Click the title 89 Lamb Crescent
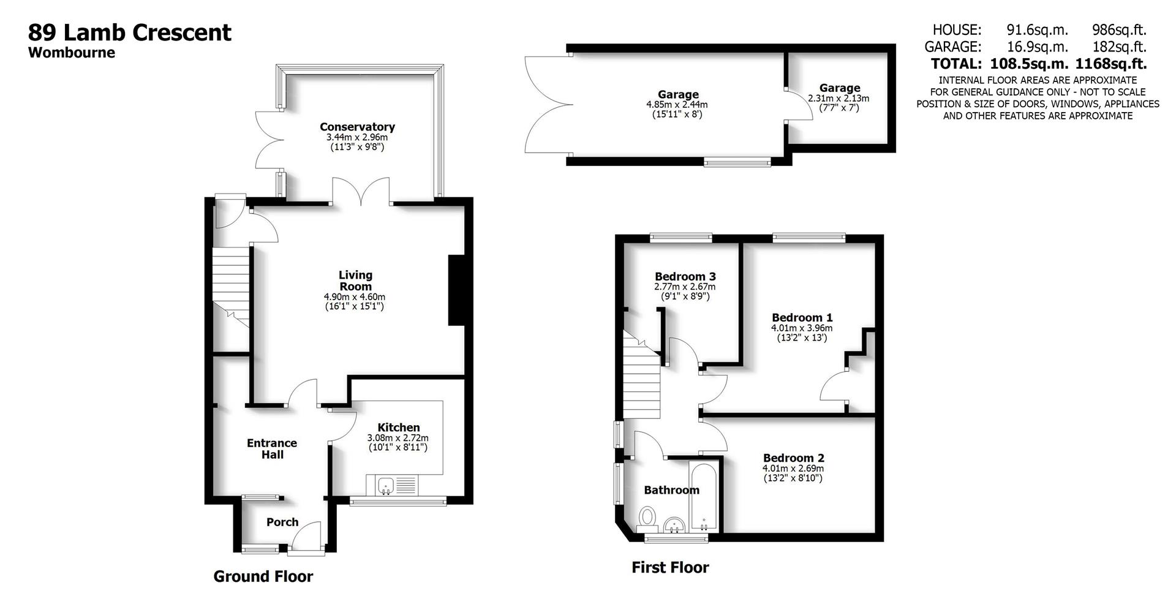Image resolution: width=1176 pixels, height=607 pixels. pyautogui.click(x=130, y=32)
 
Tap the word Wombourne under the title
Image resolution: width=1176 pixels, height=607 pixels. pyautogui.click(x=72, y=53)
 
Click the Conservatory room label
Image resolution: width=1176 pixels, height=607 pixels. pyautogui.click(x=357, y=127)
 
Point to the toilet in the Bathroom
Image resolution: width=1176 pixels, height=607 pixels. pyautogui.click(x=647, y=519)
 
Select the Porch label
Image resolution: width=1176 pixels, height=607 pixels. pyautogui.click(x=282, y=522)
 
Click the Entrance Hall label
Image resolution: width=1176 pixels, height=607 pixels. pyautogui.click(x=272, y=448)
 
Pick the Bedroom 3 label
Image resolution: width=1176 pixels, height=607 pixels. pyautogui.click(x=685, y=277)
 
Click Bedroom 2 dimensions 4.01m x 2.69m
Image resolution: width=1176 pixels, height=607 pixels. pyautogui.click(x=793, y=469)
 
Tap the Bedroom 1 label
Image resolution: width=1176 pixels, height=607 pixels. pyautogui.click(x=802, y=318)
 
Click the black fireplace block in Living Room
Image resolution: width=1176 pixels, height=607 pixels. pyautogui.click(x=457, y=290)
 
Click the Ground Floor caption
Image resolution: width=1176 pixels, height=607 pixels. pyautogui.click(x=263, y=576)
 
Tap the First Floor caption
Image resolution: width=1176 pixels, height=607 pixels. pyautogui.click(x=670, y=568)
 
